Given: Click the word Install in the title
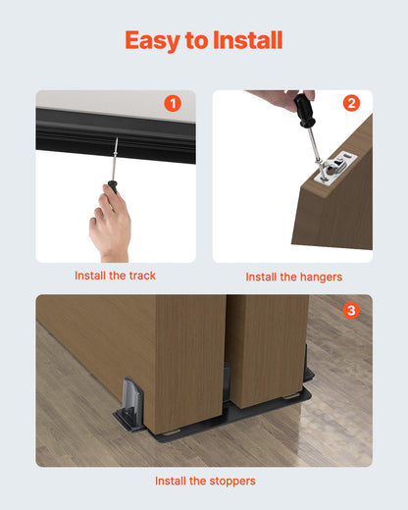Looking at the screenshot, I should click(245, 40).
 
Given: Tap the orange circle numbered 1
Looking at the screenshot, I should click(173, 103).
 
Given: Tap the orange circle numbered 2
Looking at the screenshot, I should click(352, 103).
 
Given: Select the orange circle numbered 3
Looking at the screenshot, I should click(352, 310).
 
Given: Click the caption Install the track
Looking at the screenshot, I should click(115, 276).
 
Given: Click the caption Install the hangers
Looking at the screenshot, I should click(293, 278).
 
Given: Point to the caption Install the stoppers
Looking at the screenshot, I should click(204, 482).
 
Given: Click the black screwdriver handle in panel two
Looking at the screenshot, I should click(304, 107).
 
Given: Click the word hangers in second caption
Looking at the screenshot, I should click(320, 278).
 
